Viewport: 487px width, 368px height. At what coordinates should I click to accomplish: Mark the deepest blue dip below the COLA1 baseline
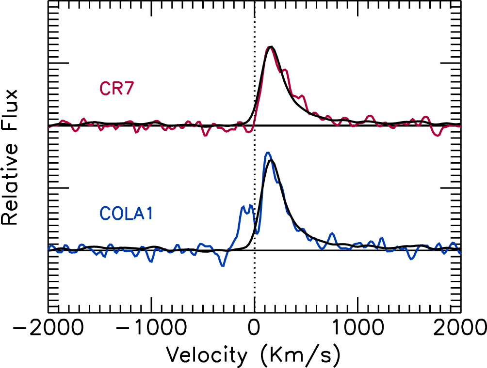click(x=223, y=265)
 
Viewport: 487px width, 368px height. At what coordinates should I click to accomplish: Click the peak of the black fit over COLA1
click(x=271, y=160)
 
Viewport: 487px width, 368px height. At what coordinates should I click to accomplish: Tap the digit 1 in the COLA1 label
click(x=149, y=213)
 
